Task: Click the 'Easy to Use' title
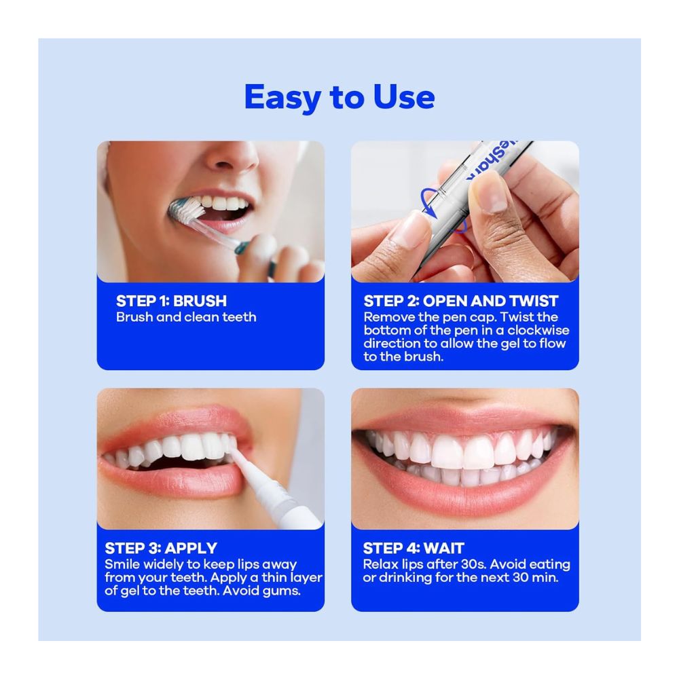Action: click(x=339, y=98)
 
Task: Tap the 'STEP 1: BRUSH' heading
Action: click(x=172, y=301)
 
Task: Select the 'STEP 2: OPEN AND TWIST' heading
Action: click(x=461, y=301)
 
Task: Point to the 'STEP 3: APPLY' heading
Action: click(x=161, y=548)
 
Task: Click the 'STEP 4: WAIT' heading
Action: click(x=414, y=548)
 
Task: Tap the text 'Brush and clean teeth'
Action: click(x=186, y=317)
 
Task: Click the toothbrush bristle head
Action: click(x=187, y=209)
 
